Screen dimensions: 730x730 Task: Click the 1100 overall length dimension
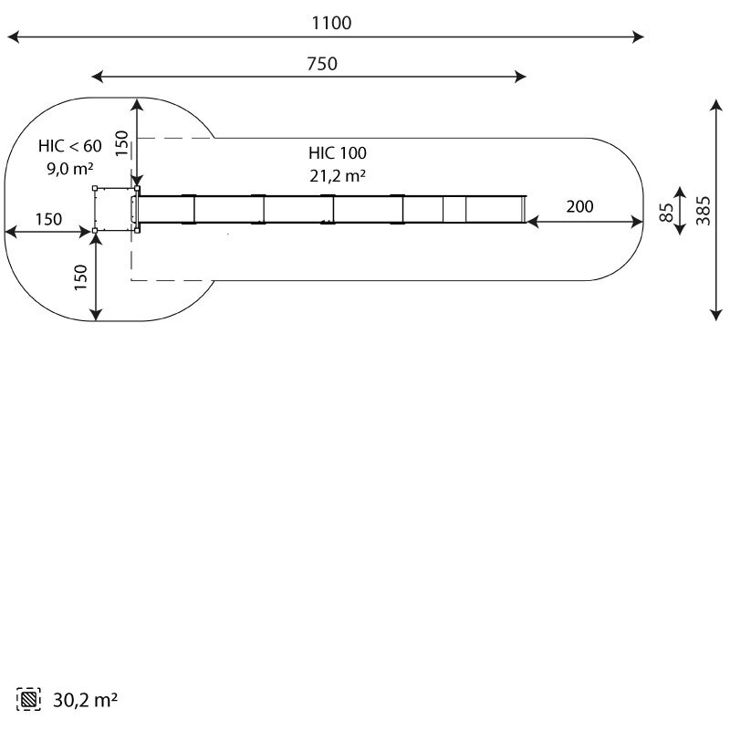[331, 23]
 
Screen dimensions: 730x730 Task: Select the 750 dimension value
[322, 64]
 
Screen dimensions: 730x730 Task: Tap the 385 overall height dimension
[703, 211]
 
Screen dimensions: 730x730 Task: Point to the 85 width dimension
[667, 213]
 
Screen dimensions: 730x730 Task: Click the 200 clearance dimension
[579, 206]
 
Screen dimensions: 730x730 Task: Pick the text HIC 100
[337, 152]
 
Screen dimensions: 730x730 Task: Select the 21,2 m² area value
[338, 175]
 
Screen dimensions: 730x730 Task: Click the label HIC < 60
[70, 146]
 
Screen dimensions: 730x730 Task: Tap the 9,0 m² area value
[70, 168]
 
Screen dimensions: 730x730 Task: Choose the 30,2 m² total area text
[85, 700]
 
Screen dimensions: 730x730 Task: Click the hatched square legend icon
[28, 699]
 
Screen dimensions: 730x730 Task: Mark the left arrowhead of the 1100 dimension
[13, 36]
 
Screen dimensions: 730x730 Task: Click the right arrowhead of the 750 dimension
[520, 77]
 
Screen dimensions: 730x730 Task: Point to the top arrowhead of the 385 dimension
[716, 104]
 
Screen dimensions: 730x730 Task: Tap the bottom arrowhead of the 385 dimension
[716, 315]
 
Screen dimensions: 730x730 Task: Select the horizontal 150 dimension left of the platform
[48, 219]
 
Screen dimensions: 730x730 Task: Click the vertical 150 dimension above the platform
[121, 143]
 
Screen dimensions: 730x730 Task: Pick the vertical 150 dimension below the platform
[80, 277]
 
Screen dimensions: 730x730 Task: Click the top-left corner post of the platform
[95, 188]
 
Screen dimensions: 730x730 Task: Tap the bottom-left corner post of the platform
[95, 231]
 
